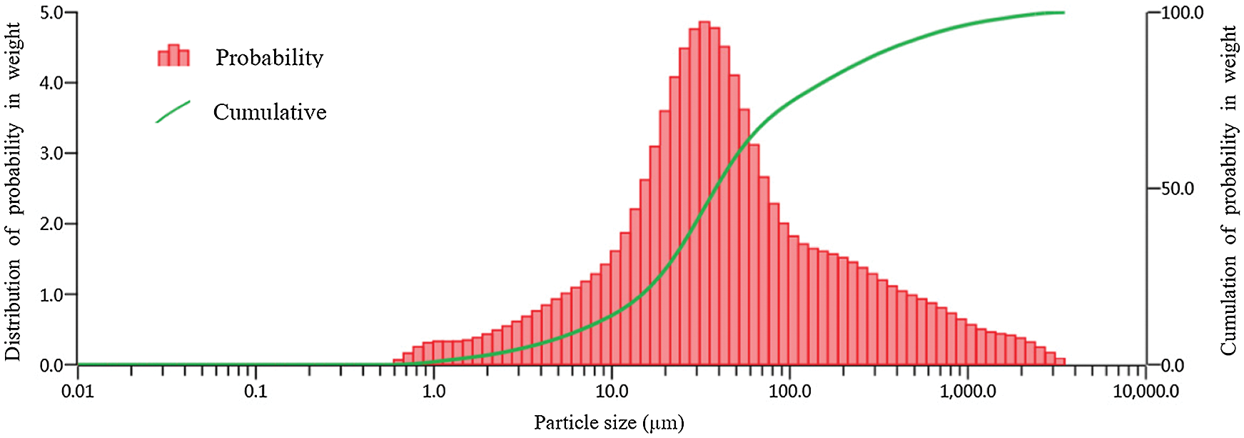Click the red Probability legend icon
pyautogui.click(x=173, y=56)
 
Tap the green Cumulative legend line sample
pyautogui.click(x=173, y=111)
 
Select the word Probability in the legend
pyautogui.click(x=269, y=57)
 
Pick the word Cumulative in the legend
pyautogui.click(x=270, y=112)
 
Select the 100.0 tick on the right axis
pyautogui.click(x=1182, y=13)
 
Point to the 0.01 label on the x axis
pyautogui.click(x=77, y=392)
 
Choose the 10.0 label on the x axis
pyautogui.click(x=612, y=392)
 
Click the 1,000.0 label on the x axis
pyautogui.click(x=968, y=392)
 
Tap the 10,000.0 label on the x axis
pyautogui.click(x=1146, y=392)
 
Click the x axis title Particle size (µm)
pyautogui.click(x=609, y=422)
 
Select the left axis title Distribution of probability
pyautogui.click(x=14, y=191)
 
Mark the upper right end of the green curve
pyautogui.click(x=1062, y=13)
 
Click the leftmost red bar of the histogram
pyautogui.click(x=398, y=362)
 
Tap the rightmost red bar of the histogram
pyautogui.click(x=1060, y=362)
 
